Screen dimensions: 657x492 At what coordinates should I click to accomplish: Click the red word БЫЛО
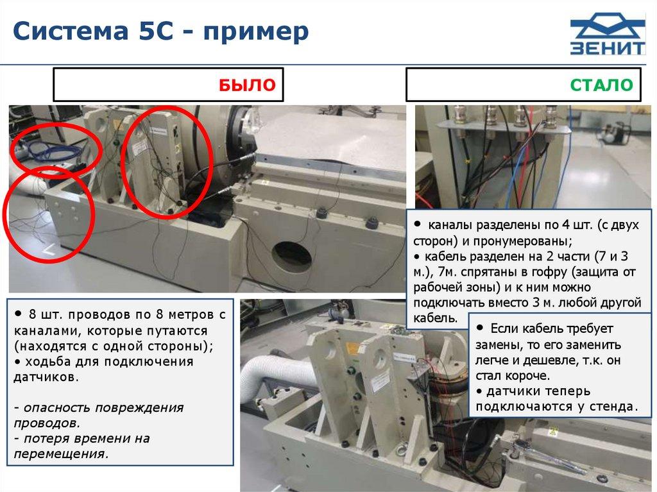[247, 85]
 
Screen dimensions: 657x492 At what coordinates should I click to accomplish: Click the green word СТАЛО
[601, 85]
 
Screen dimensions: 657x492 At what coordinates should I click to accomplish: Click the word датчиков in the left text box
[46, 377]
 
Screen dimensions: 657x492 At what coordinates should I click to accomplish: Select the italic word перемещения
[61, 454]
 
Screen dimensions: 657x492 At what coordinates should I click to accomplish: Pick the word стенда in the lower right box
[613, 406]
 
